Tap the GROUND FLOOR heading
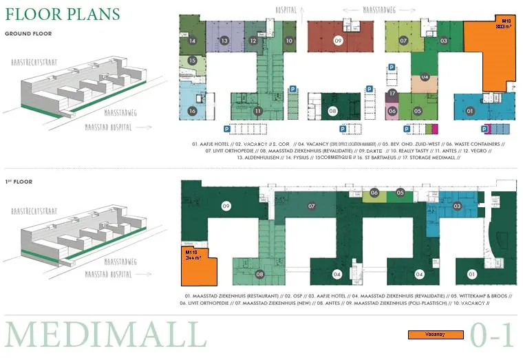[x=29, y=33]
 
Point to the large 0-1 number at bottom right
[x=492, y=335]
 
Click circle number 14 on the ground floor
[x=192, y=41]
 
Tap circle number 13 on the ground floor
[x=224, y=41]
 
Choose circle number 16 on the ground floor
[x=192, y=111]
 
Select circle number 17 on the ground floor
[x=392, y=94]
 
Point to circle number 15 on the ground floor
[x=192, y=61]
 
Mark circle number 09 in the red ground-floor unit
[x=338, y=41]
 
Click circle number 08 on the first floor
[x=259, y=275]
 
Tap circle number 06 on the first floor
[x=374, y=193]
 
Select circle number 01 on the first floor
[x=471, y=275]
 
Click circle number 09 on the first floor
[x=225, y=206]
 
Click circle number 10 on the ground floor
[x=289, y=41]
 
